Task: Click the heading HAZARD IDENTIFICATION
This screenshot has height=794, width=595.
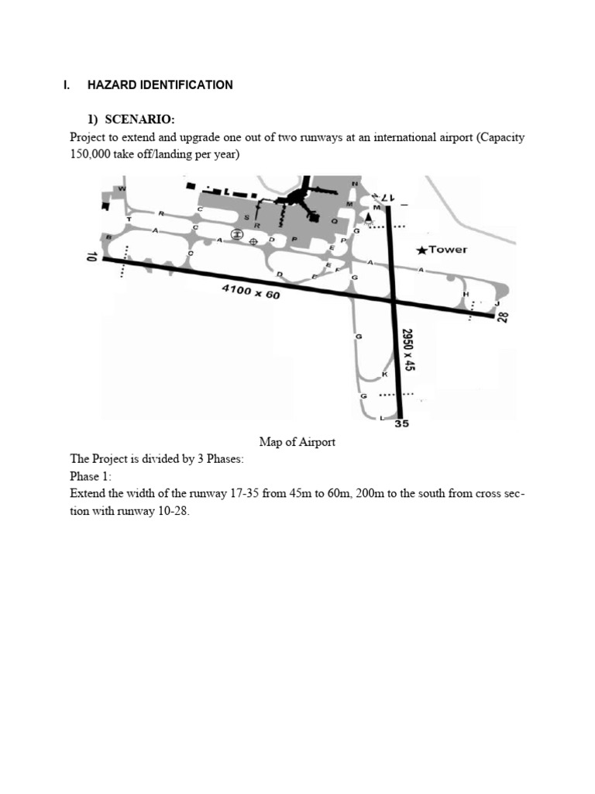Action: (160, 85)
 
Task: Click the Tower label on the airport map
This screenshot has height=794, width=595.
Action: (448, 250)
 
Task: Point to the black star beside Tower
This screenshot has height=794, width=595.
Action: (421, 250)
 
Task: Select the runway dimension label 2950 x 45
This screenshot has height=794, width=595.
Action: (408, 349)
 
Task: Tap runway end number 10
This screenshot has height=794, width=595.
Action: (91, 257)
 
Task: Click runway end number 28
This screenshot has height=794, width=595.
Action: (502, 316)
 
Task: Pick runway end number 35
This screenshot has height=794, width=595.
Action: (401, 423)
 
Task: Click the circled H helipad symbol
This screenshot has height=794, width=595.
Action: (237, 233)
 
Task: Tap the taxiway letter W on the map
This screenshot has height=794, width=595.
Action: (122, 188)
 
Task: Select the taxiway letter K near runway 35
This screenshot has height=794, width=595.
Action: (384, 375)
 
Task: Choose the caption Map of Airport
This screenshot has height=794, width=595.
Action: (297, 442)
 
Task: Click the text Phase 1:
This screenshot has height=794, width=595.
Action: (91, 476)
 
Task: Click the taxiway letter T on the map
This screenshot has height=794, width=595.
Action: (129, 219)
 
